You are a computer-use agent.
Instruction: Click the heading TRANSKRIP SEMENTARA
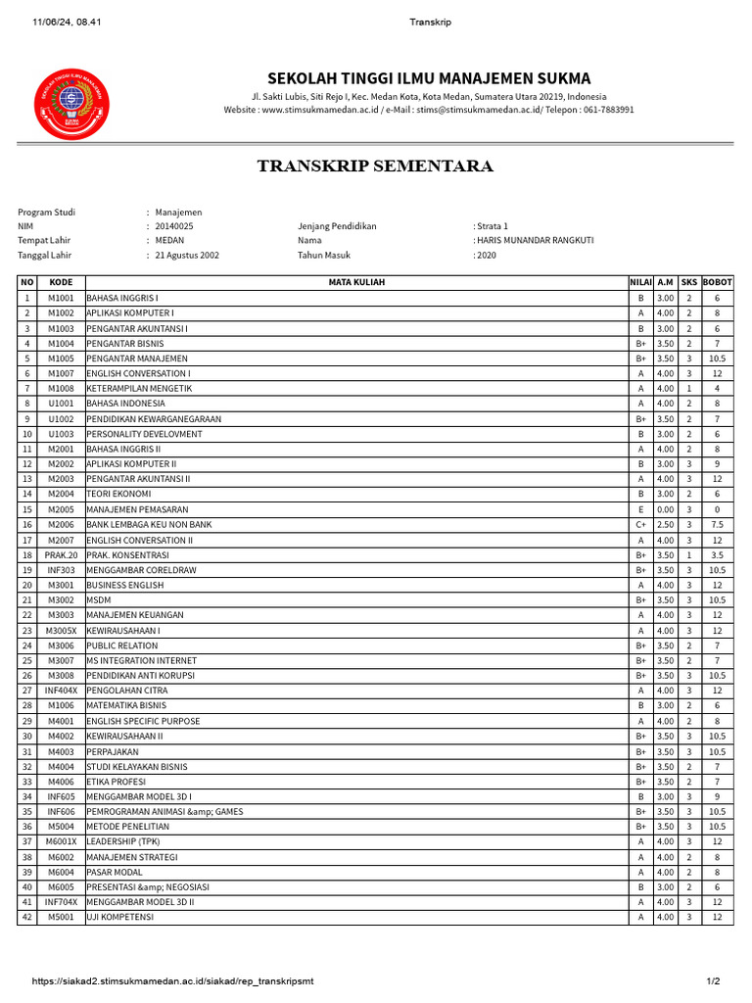(x=375, y=167)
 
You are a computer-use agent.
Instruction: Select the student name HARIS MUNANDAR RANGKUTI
(x=535, y=240)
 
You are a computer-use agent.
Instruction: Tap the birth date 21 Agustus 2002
(x=187, y=255)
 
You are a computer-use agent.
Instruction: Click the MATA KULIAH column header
(x=356, y=282)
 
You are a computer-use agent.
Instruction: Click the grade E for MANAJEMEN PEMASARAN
(x=640, y=509)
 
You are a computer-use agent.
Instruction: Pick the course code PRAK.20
(x=61, y=554)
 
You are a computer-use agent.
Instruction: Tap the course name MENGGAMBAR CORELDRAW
(x=141, y=570)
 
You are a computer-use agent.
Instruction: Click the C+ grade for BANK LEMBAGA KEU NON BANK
(x=640, y=525)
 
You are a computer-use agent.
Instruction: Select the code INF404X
(x=61, y=691)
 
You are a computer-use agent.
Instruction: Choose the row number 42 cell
(x=27, y=917)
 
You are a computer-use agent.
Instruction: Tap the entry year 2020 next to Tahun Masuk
(x=487, y=255)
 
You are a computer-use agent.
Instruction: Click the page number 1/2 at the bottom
(x=713, y=981)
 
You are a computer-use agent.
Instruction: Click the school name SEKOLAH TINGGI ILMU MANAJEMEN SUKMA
(x=429, y=78)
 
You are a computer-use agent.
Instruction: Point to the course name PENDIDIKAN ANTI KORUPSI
(x=140, y=676)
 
